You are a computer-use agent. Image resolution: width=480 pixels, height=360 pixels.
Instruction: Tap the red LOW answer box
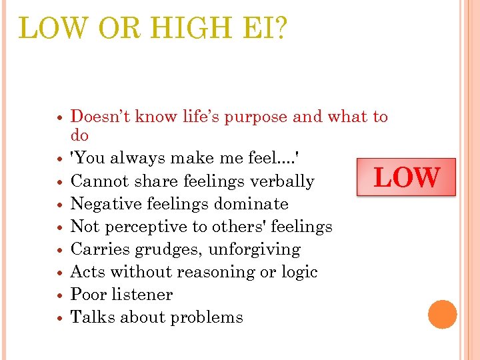[406, 177]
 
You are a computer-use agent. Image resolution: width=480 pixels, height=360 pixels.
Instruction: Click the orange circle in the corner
[442, 315]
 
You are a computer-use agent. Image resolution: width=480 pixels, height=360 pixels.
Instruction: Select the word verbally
[283, 181]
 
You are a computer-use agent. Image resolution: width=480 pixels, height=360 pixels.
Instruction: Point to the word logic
[297, 272]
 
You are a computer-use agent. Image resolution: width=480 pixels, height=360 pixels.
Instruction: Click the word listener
[141, 295]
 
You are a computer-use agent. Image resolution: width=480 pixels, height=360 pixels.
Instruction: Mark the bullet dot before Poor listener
[60, 295]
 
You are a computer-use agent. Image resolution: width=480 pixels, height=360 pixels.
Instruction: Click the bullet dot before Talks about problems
[60, 317]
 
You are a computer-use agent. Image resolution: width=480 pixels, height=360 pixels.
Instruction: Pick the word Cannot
[96, 181]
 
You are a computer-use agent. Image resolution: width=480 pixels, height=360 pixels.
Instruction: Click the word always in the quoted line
[135, 159]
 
